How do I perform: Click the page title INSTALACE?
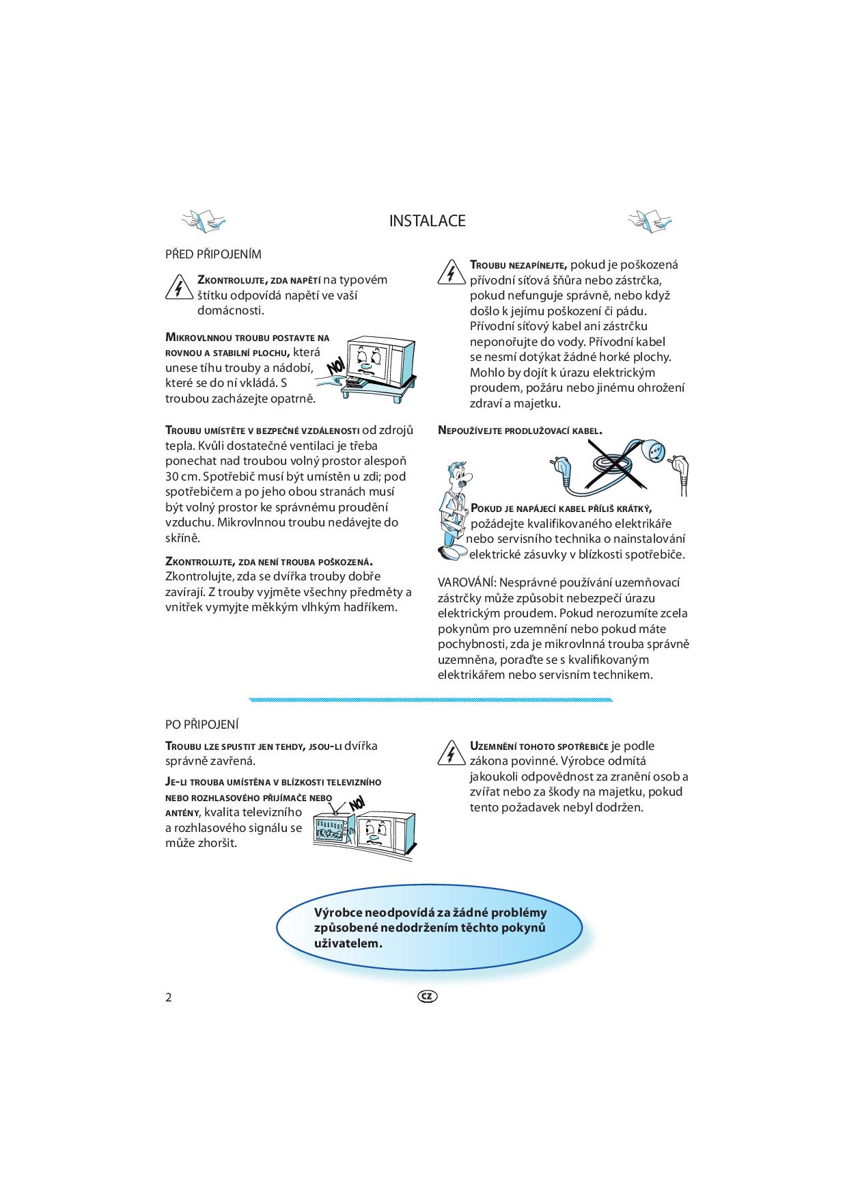coord(427,221)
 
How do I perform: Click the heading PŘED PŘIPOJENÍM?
coord(213,254)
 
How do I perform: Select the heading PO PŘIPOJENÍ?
coord(202,724)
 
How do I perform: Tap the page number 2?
coord(169,997)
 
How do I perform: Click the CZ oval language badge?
coord(427,996)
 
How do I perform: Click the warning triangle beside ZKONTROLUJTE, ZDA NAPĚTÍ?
coord(178,287)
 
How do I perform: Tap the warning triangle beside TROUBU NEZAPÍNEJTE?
coord(451,273)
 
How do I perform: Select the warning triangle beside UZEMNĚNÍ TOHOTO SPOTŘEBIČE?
coord(451,753)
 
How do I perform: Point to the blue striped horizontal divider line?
coord(431,700)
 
